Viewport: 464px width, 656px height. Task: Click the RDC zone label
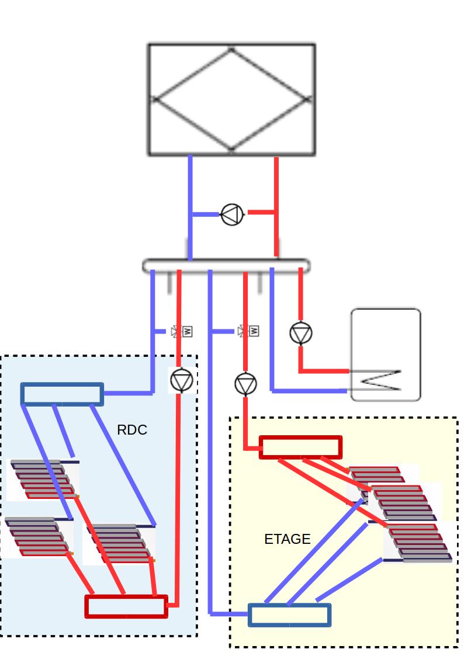coord(132,431)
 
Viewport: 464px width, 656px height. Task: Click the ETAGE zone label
coord(287,539)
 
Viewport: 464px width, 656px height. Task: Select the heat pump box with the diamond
coord(231,100)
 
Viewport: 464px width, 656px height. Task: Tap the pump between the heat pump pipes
coord(232,214)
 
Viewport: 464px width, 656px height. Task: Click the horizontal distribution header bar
coord(226,266)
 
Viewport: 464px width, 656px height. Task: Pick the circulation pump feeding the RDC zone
coord(181,380)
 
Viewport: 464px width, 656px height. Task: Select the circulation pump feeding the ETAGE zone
coord(245,384)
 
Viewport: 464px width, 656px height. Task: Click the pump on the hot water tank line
coord(300,334)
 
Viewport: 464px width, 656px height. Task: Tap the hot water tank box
coord(386,355)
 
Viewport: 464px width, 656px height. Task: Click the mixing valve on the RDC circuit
coord(182,331)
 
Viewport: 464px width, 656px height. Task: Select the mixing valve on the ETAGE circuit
coord(248,331)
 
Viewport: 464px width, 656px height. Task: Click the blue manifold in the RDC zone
coord(62,394)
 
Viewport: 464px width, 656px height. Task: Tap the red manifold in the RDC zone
coord(126,606)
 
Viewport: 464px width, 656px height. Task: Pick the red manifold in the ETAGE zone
coord(300,447)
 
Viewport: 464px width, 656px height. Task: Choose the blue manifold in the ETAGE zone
coord(289,615)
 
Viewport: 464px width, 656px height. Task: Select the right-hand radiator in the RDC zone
coord(120,544)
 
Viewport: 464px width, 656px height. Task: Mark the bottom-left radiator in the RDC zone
coord(37,536)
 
